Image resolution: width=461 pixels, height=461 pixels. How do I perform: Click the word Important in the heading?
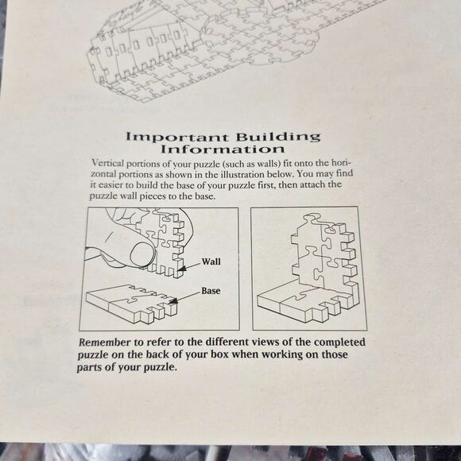(x=176, y=138)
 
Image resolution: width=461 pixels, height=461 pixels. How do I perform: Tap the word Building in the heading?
(x=278, y=137)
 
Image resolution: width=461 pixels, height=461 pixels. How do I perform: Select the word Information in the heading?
(x=223, y=149)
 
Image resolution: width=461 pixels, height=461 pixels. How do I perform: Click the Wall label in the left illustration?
(x=211, y=261)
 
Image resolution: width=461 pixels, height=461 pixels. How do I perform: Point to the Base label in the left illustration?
(x=211, y=291)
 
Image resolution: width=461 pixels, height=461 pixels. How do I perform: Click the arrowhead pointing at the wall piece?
(x=182, y=269)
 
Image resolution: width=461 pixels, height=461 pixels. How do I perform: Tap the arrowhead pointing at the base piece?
(x=173, y=301)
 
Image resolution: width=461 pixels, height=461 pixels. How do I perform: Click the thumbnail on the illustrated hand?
(x=142, y=254)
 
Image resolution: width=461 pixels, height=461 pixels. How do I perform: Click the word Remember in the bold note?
(x=105, y=343)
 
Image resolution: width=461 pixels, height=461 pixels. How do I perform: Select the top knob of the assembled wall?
(x=312, y=219)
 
